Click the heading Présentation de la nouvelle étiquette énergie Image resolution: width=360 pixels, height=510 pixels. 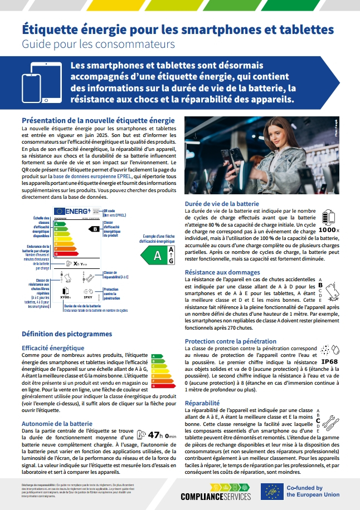(x=98, y=120)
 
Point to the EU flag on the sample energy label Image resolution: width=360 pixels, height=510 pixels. (x=60, y=211)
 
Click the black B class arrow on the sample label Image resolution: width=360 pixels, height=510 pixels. (x=95, y=228)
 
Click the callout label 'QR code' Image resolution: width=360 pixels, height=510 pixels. (x=110, y=211)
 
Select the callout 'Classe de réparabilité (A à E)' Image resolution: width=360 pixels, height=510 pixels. (x=115, y=274)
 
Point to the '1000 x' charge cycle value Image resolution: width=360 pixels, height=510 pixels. (x=329, y=229)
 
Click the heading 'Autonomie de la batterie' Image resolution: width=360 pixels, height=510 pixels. (x=57, y=423)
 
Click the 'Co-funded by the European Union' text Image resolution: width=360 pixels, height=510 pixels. (x=313, y=491)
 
